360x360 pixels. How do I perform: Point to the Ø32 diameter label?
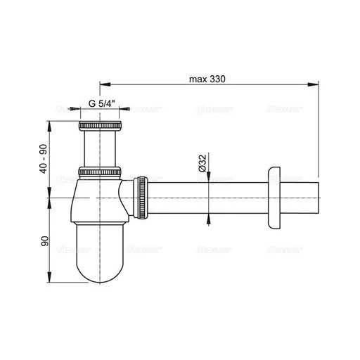[x=202, y=165]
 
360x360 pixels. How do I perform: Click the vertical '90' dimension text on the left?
[x=44, y=240]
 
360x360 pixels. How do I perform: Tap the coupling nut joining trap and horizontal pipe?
[x=143, y=199]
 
